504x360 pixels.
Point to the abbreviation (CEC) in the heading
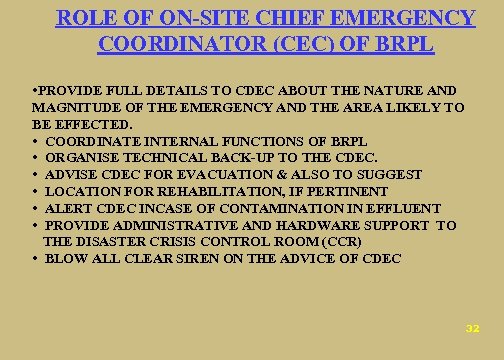pos(296,44)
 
